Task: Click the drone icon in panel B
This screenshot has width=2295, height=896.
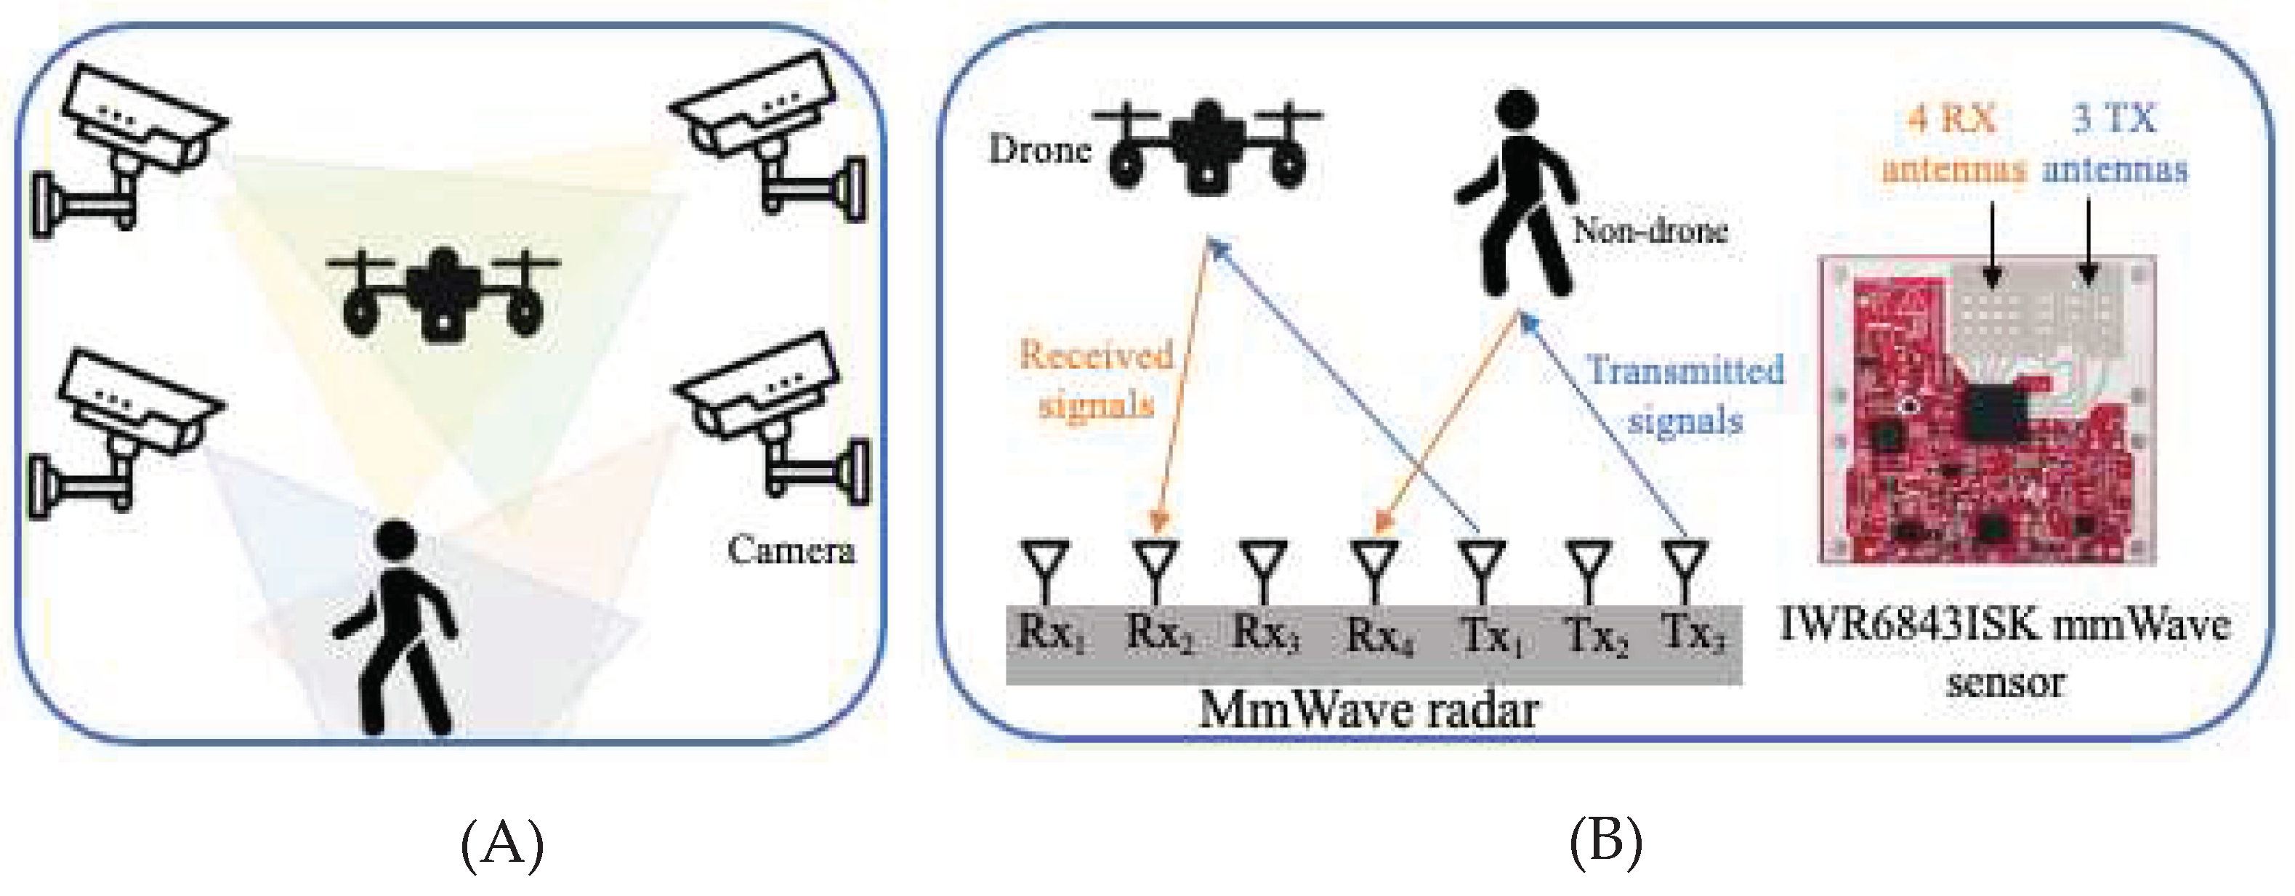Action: click(x=1207, y=147)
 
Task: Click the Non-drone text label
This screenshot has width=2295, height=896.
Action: click(x=1650, y=230)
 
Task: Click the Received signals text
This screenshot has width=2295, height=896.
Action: click(x=1096, y=379)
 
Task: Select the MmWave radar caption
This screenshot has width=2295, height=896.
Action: click(x=1368, y=711)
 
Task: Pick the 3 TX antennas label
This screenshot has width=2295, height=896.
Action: click(x=2114, y=143)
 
